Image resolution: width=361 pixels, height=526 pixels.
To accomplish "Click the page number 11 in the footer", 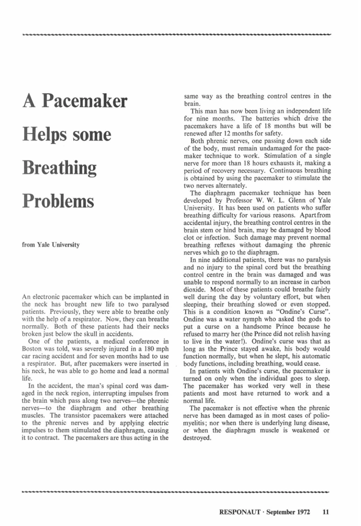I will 326,511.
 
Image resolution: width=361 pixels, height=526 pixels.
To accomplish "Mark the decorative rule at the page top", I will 177,36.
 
